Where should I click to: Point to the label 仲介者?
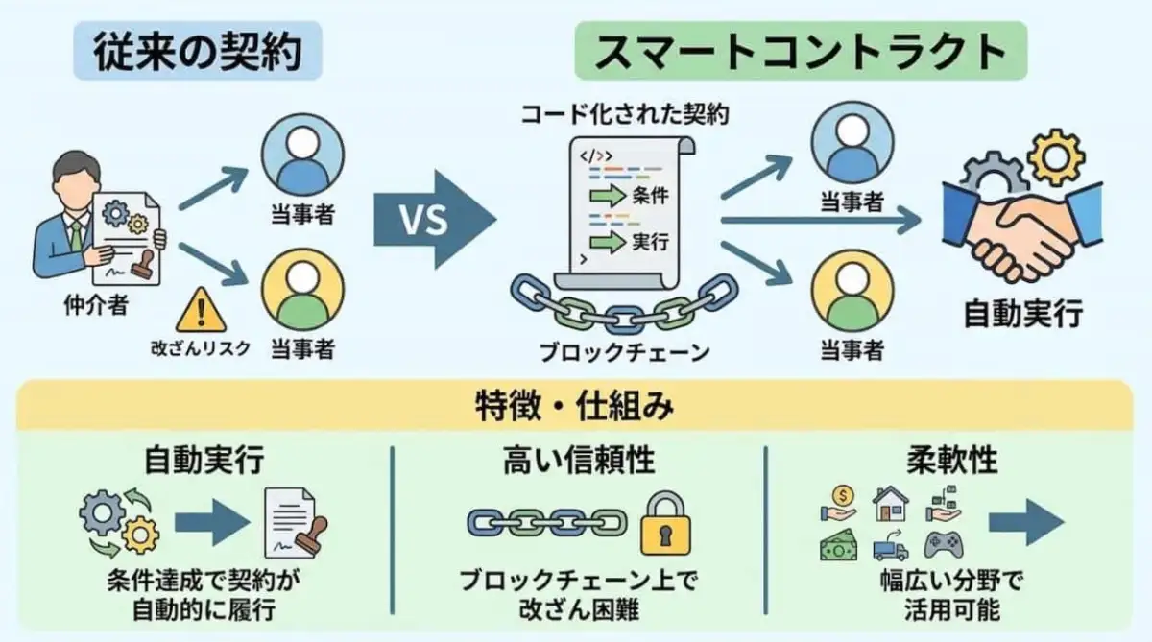pyautogui.click(x=89, y=306)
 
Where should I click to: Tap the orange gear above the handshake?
pyautogui.click(x=1055, y=151)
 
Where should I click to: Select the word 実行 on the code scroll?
pyautogui.click(x=650, y=242)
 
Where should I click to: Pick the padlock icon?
pyautogui.click(x=664, y=524)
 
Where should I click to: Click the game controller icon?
pyautogui.click(x=943, y=546)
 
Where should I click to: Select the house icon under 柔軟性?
pyautogui.click(x=890, y=502)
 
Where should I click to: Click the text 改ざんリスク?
pyautogui.click(x=200, y=347)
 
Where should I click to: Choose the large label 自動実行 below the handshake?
pyautogui.click(x=1022, y=314)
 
